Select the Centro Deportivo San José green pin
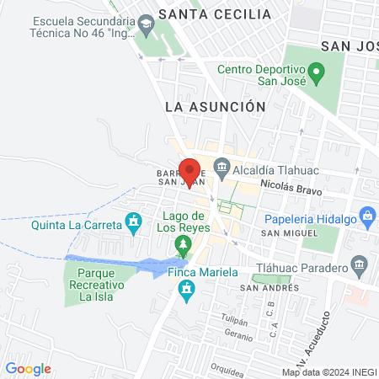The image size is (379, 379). click(316, 73)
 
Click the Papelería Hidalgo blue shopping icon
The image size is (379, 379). click(368, 216)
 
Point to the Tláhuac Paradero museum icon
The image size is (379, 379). click(360, 266)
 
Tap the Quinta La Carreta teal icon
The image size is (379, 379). click(133, 223)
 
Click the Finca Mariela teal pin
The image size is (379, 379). click(187, 292)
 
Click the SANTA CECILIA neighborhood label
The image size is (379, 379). click(216, 14)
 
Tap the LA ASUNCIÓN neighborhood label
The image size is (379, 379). click(215, 107)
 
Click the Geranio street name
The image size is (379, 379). click(238, 334)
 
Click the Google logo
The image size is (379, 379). click(28, 369)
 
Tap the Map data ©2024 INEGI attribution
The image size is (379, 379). click(328, 372)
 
